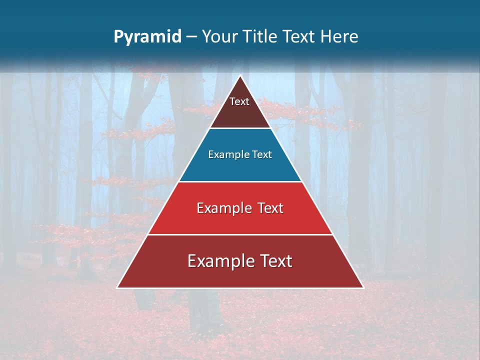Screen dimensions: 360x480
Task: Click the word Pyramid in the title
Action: click(x=147, y=37)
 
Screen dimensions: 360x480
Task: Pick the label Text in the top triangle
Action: click(x=239, y=101)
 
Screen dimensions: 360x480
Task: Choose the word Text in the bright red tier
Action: click(x=267, y=208)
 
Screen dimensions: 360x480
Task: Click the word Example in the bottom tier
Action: click(x=217, y=261)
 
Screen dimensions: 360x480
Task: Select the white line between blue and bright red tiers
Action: click(x=240, y=181)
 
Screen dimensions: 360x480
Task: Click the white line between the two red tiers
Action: click(x=240, y=234)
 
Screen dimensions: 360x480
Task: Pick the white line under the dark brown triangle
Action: click(x=240, y=128)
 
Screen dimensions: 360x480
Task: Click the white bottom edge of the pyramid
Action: click(x=240, y=288)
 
